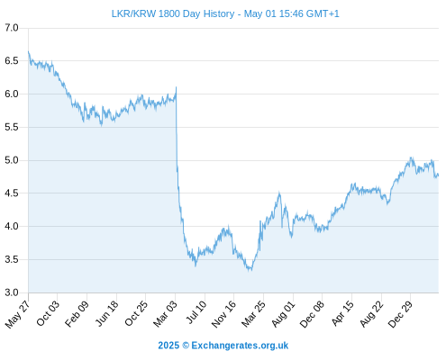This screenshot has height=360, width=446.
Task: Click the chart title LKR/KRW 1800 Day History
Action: [173, 13]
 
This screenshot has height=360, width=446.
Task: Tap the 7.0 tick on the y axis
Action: [12, 28]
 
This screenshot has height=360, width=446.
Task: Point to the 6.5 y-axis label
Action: [12, 61]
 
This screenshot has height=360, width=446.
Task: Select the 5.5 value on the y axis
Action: [12, 127]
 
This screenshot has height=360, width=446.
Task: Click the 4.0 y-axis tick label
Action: [12, 226]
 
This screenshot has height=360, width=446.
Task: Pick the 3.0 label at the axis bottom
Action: [12, 292]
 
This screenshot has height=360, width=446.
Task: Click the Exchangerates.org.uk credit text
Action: [240, 346]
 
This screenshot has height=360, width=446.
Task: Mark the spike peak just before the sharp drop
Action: [176, 87]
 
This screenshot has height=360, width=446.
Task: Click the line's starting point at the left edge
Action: [29, 51]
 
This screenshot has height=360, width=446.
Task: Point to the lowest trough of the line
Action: [250, 271]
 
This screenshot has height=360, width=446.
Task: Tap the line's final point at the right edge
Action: [438, 175]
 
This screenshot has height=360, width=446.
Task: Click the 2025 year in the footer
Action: [168, 346]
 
